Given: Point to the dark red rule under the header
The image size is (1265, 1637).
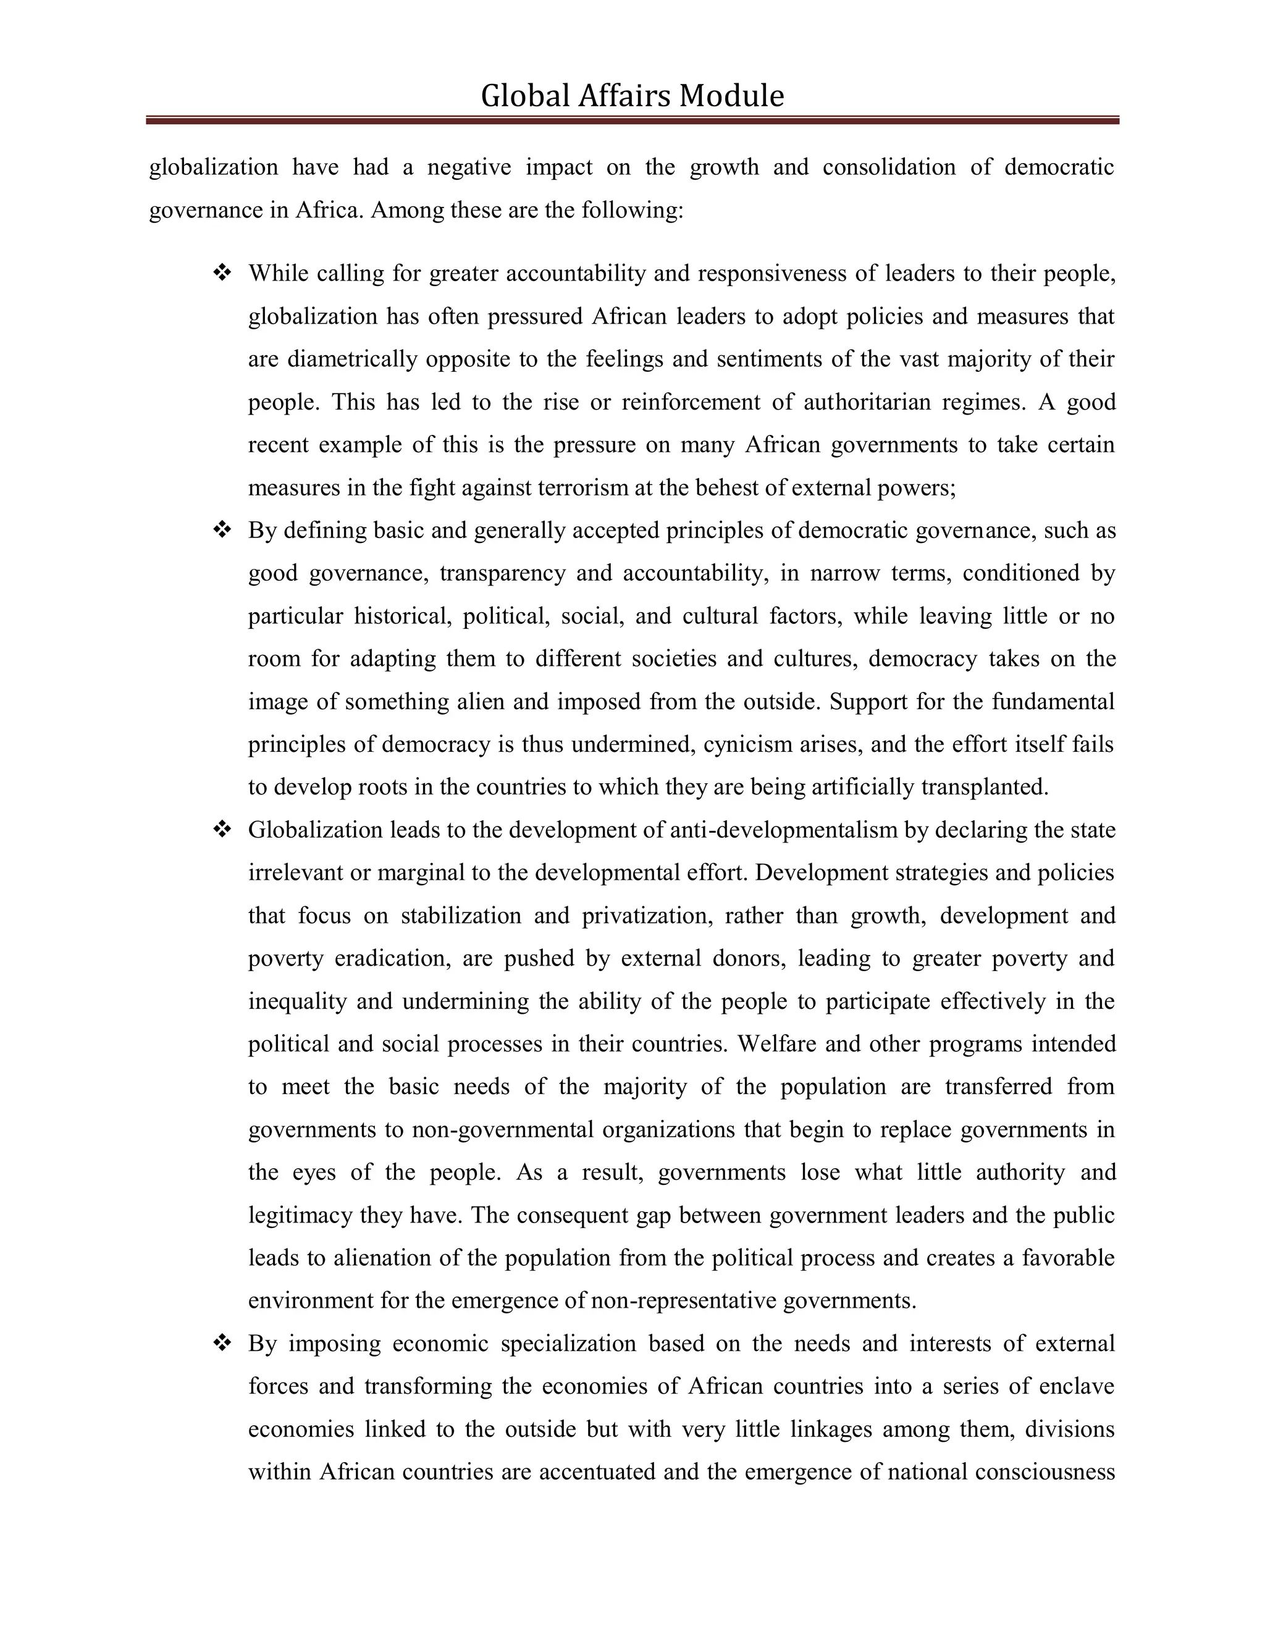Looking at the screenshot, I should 632,120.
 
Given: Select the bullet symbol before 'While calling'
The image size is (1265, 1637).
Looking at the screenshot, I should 222,273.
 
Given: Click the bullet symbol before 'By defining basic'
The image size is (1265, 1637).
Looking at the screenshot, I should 222,530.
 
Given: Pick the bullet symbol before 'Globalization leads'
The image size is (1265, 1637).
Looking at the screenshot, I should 222,830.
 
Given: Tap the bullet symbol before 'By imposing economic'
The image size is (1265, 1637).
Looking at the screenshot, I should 222,1343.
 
